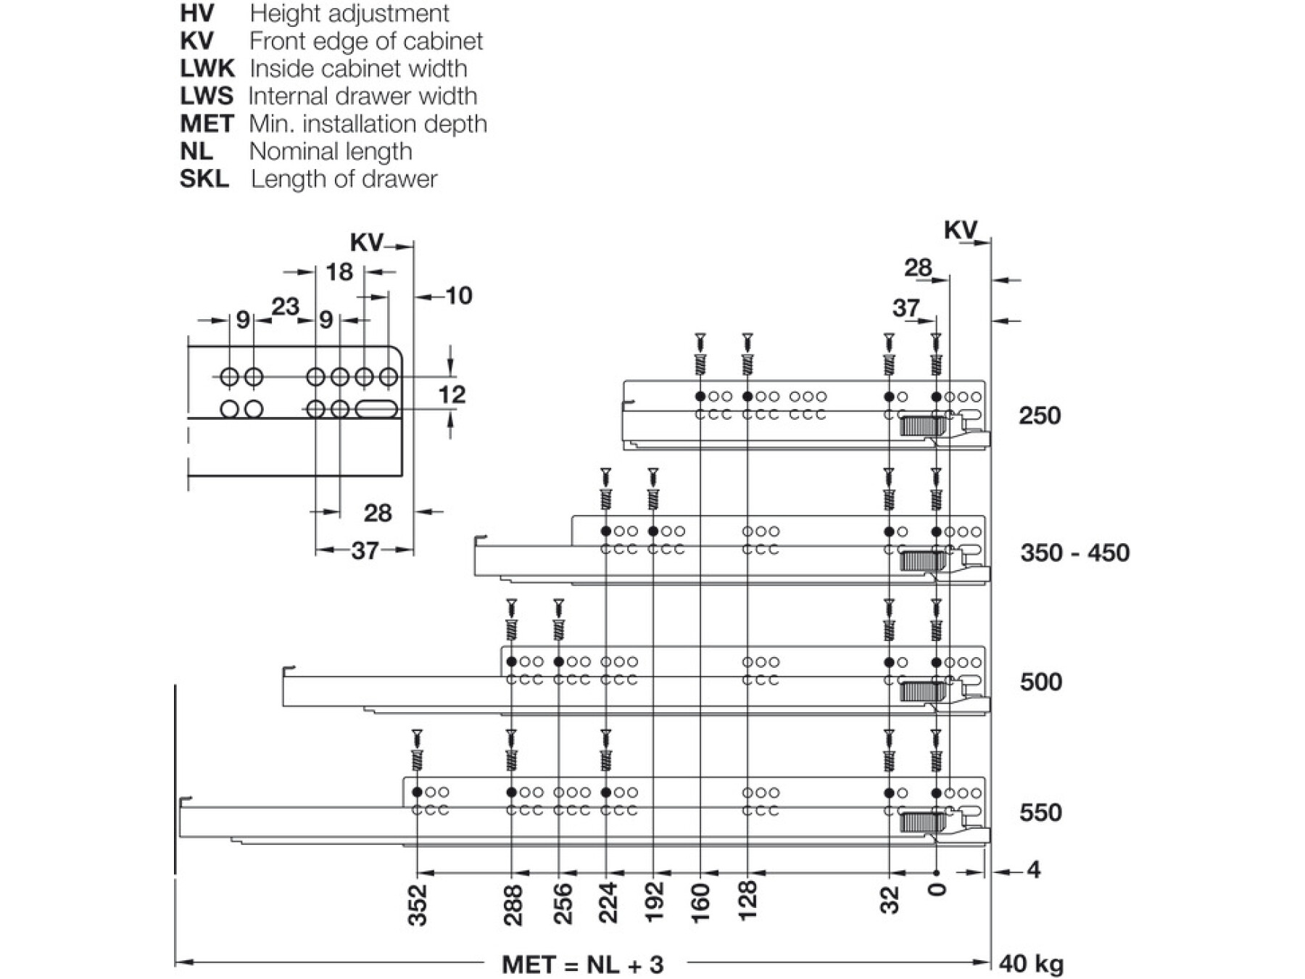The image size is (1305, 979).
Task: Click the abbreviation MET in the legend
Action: point(207,124)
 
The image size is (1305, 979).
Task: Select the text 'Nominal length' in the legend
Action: point(331,152)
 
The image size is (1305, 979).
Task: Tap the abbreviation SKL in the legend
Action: point(204,179)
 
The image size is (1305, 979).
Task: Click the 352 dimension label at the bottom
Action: point(418,905)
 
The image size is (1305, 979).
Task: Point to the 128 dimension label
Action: point(747,901)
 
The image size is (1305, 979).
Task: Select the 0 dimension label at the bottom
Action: point(937,890)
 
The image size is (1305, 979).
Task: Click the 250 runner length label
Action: point(1039,416)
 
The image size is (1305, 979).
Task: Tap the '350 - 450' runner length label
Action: point(1074,553)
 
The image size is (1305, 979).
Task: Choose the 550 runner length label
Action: point(1040,812)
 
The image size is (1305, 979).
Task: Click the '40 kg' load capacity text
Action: point(1031,963)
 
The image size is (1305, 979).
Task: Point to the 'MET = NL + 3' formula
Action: point(582,964)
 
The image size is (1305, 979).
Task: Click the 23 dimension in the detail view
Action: point(285,307)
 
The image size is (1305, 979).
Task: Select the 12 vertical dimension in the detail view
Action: point(451,395)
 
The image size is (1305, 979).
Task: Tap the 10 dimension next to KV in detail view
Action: point(458,296)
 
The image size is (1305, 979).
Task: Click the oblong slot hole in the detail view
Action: point(376,409)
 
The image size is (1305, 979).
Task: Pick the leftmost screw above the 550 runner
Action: point(417,751)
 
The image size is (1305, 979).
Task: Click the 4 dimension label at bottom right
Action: point(1034,869)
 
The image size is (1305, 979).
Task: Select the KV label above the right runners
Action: point(960,231)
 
